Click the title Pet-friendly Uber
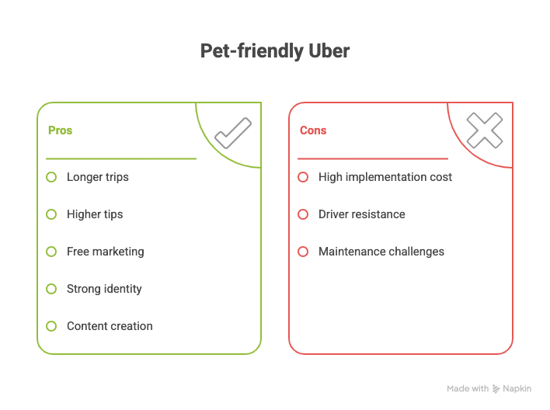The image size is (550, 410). (x=275, y=52)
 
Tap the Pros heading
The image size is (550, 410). (x=60, y=130)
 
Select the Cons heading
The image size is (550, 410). (x=313, y=130)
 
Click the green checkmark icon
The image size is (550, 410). (x=232, y=133)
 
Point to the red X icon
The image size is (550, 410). (x=484, y=130)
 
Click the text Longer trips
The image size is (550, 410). (x=98, y=177)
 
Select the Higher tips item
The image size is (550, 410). (x=95, y=214)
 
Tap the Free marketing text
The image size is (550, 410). (x=105, y=252)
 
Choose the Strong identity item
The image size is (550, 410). (x=104, y=289)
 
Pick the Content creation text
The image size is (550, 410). (x=110, y=326)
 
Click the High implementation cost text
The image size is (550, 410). (x=385, y=177)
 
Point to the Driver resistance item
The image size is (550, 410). (x=361, y=214)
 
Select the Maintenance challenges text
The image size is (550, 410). (x=381, y=252)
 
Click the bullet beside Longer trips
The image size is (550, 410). (x=51, y=177)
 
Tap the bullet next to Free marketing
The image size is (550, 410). (x=51, y=252)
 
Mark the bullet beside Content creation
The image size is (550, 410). (x=51, y=326)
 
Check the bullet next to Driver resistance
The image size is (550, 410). (x=303, y=214)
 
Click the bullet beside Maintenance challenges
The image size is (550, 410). (x=303, y=252)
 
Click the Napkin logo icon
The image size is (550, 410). (x=496, y=388)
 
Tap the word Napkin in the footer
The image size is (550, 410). (x=517, y=388)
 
